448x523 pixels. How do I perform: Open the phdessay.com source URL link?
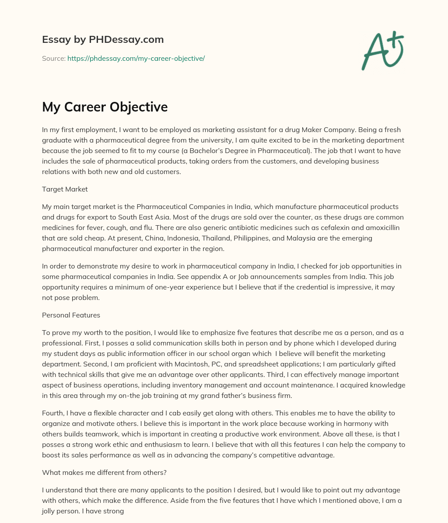(x=136, y=58)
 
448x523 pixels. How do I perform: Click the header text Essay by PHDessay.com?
(x=103, y=39)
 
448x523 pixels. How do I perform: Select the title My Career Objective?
(x=105, y=107)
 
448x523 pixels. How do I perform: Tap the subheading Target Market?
(x=65, y=189)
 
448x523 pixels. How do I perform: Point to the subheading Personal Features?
(x=71, y=315)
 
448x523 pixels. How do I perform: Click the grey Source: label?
(x=53, y=58)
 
